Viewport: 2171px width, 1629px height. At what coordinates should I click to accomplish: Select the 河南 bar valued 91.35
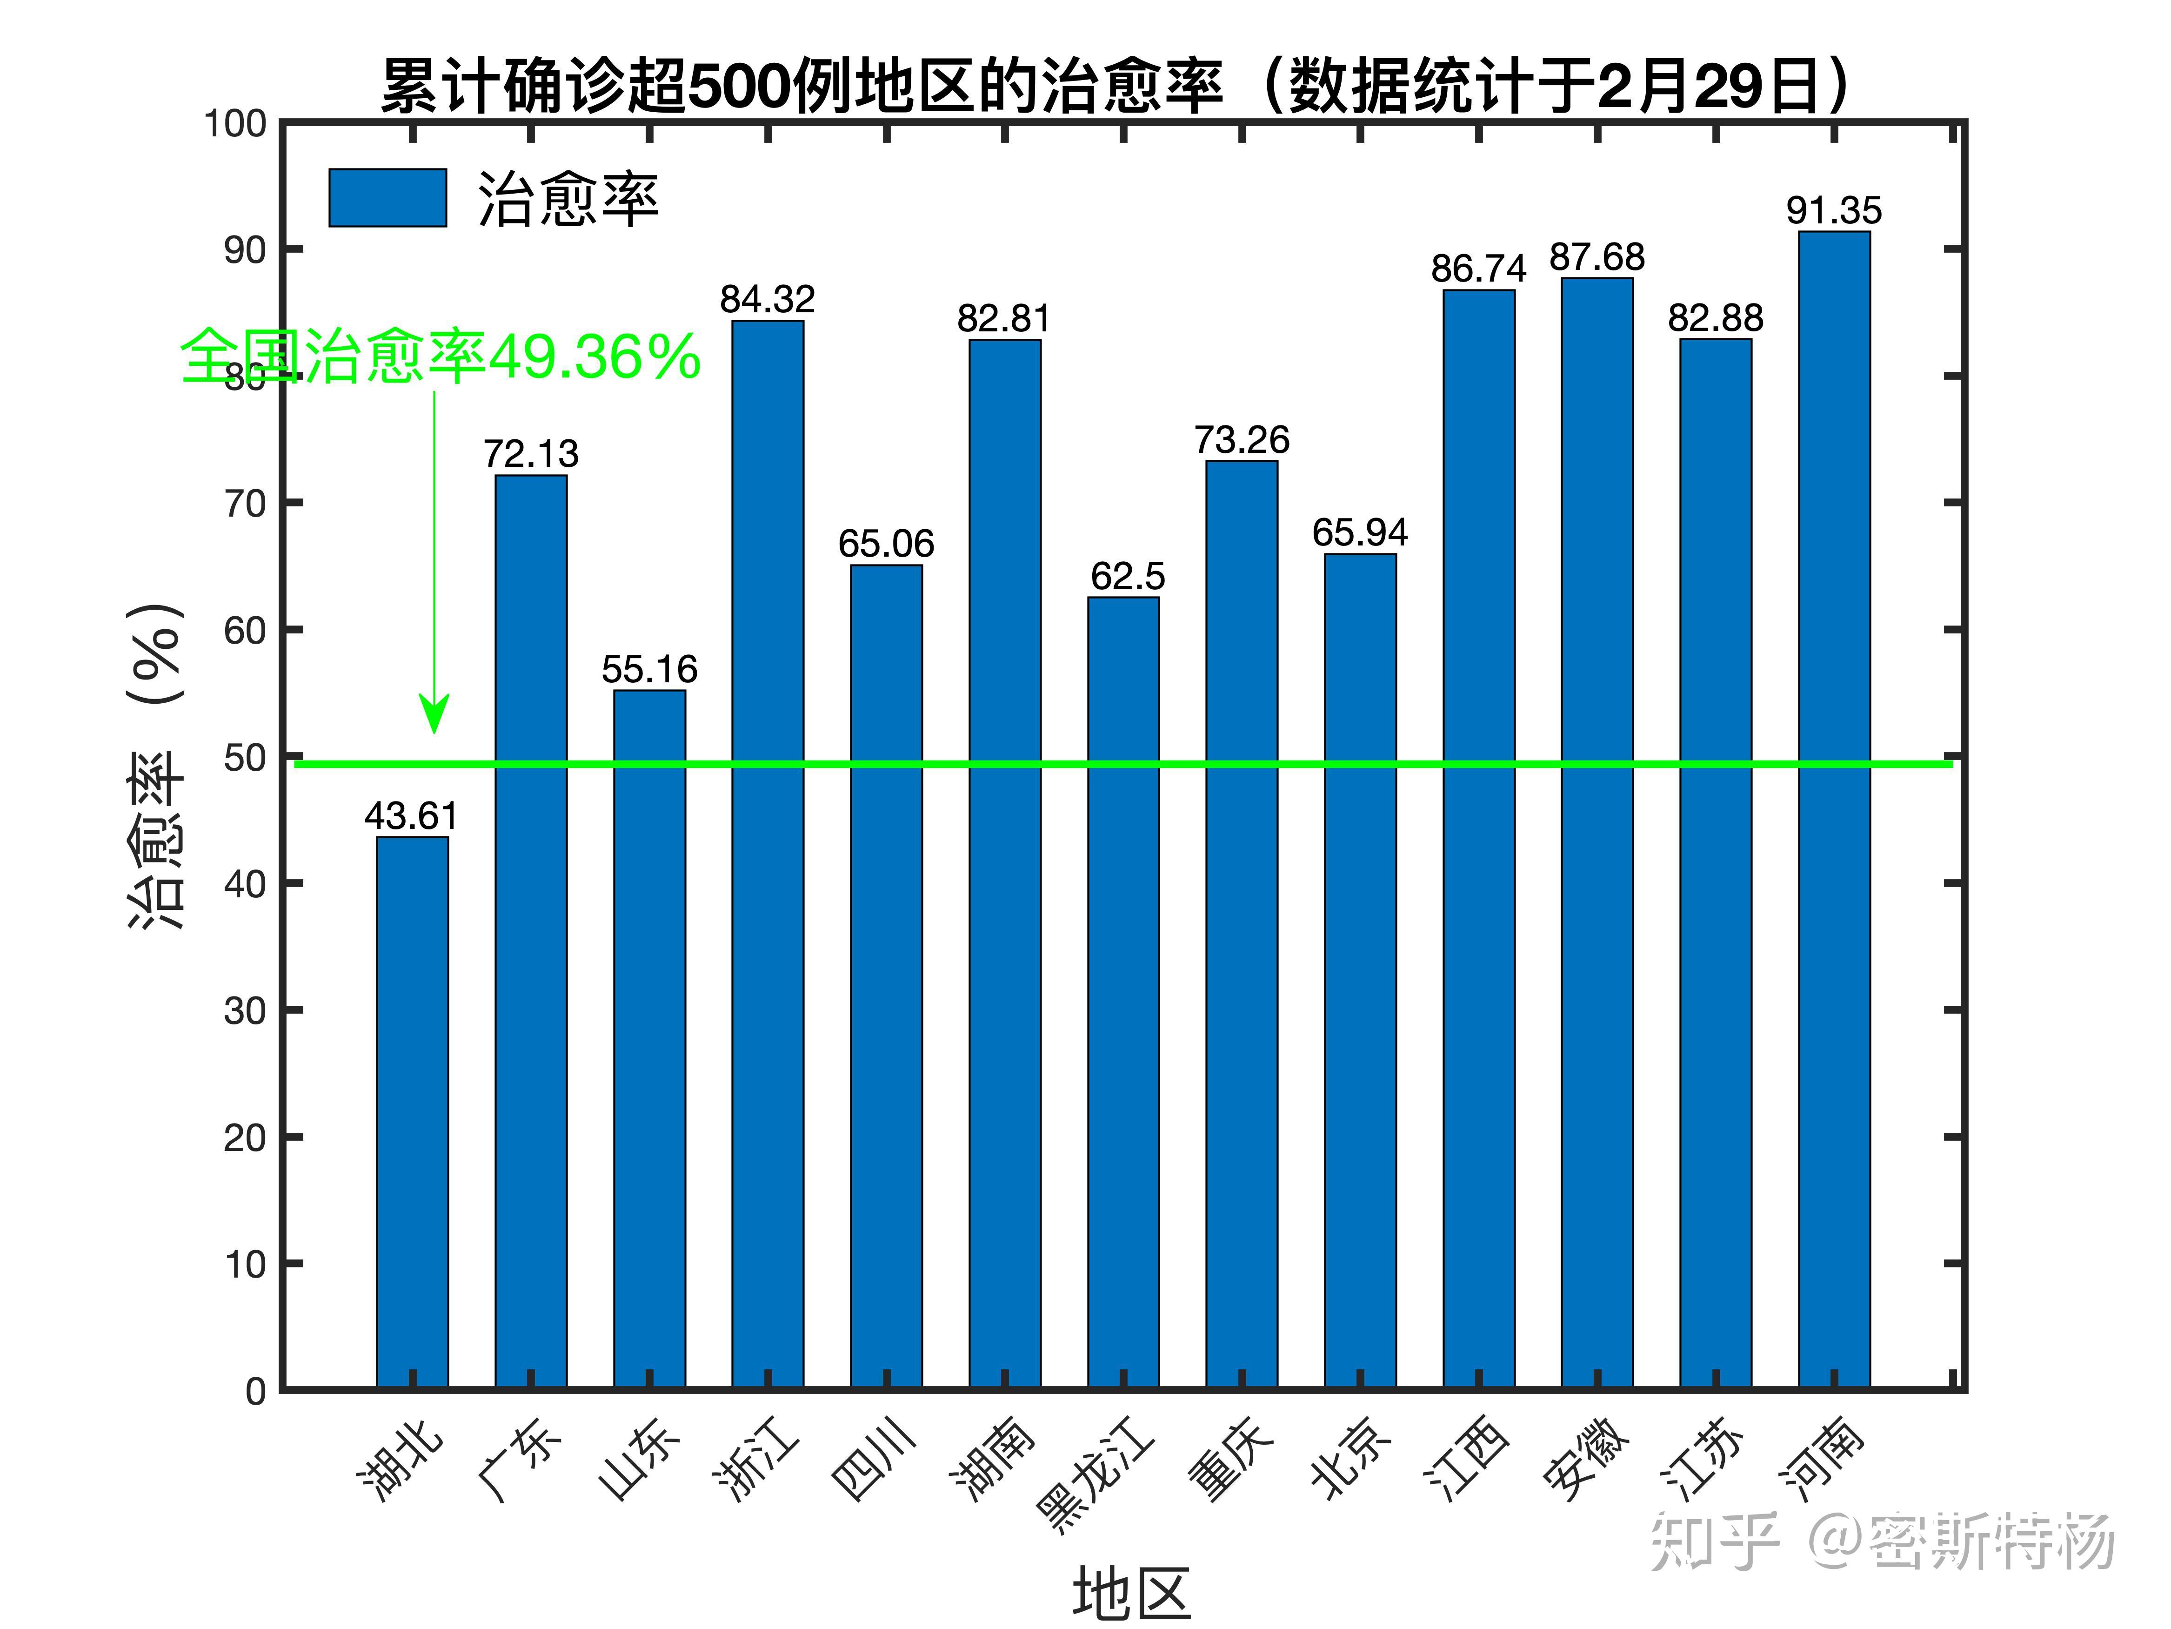1833,810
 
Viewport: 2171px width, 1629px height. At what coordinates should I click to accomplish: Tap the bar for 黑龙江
1123,992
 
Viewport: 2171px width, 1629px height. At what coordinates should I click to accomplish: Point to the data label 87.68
1597,257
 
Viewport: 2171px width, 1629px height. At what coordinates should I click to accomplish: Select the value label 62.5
1127,576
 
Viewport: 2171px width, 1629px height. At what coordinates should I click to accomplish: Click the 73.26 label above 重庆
1242,440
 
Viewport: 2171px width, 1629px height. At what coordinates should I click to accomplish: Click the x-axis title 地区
1131,1593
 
